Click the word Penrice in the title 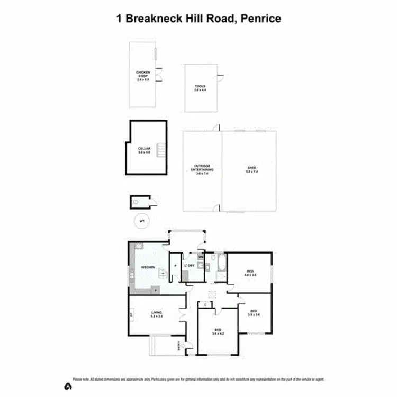pos(260,19)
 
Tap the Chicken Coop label pos(143,75)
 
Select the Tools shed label pos(200,88)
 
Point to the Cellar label pos(144,150)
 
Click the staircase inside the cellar pos(162,150)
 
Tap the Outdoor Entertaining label pos(202,169)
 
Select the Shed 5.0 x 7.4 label pos(251,169)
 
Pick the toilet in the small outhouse pos(137,202)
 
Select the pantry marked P pos(175,265)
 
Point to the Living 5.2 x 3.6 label pos(156,314)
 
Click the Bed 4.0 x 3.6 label pos(250,273)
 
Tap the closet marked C pos(205,304)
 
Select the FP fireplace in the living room pos(131,314)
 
